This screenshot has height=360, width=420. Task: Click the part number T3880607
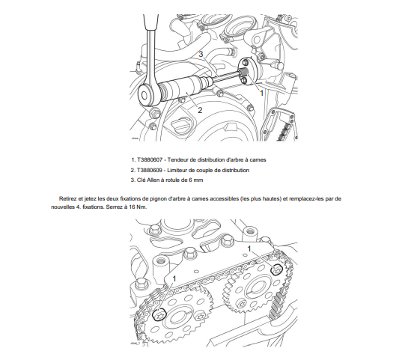coord(150,160)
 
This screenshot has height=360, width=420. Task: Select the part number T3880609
coord(150,171)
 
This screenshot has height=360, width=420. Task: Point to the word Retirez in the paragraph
coord(67,199)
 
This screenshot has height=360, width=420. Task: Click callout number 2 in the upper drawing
coord(200,110)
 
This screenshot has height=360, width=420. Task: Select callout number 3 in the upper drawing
coord(201,55)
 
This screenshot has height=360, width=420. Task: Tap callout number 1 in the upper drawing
coord(262,93)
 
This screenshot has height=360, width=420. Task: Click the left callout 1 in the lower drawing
coord(174,279)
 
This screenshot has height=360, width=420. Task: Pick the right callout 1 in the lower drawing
coord(249,248)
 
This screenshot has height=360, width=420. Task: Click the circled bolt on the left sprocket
coord(159,315)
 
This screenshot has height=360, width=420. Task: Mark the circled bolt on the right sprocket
coord(277,269)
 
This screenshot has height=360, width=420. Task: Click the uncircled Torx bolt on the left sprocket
coord(200,317)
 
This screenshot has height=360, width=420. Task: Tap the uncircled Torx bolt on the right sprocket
coord(240,304)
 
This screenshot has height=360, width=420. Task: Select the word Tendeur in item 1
coord(177,160)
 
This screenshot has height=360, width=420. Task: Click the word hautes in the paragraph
coord(270,199)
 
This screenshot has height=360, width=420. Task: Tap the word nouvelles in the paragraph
coord(62,207)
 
